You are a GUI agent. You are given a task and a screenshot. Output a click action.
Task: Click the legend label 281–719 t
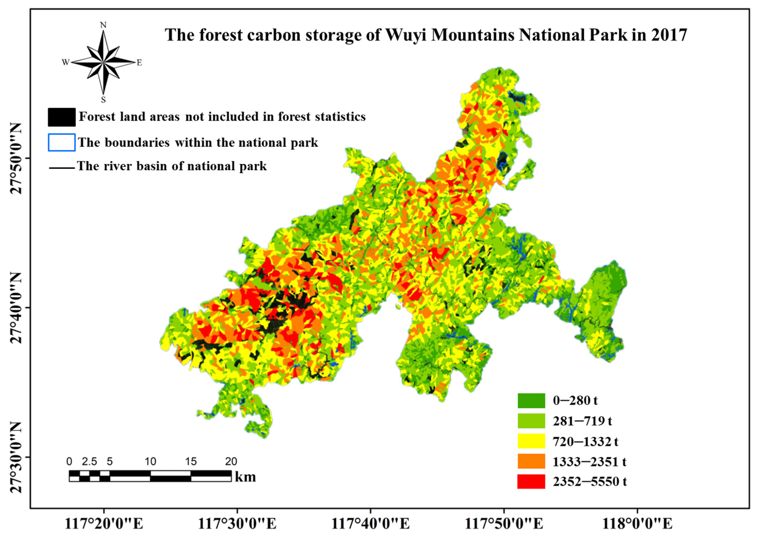[x=582, y=421]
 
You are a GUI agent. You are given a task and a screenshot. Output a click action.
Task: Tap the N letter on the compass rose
[x=103, y=25]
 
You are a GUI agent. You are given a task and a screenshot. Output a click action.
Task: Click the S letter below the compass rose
[x=103, y=100]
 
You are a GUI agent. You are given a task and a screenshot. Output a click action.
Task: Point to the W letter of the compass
[x=65, y=62]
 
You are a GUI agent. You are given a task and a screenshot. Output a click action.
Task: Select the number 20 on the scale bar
[x=231, y=461]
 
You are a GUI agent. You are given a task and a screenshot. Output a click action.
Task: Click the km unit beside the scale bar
[x=245, y=477]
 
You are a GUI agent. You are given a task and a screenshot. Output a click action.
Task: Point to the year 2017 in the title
[x=668, y=35]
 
